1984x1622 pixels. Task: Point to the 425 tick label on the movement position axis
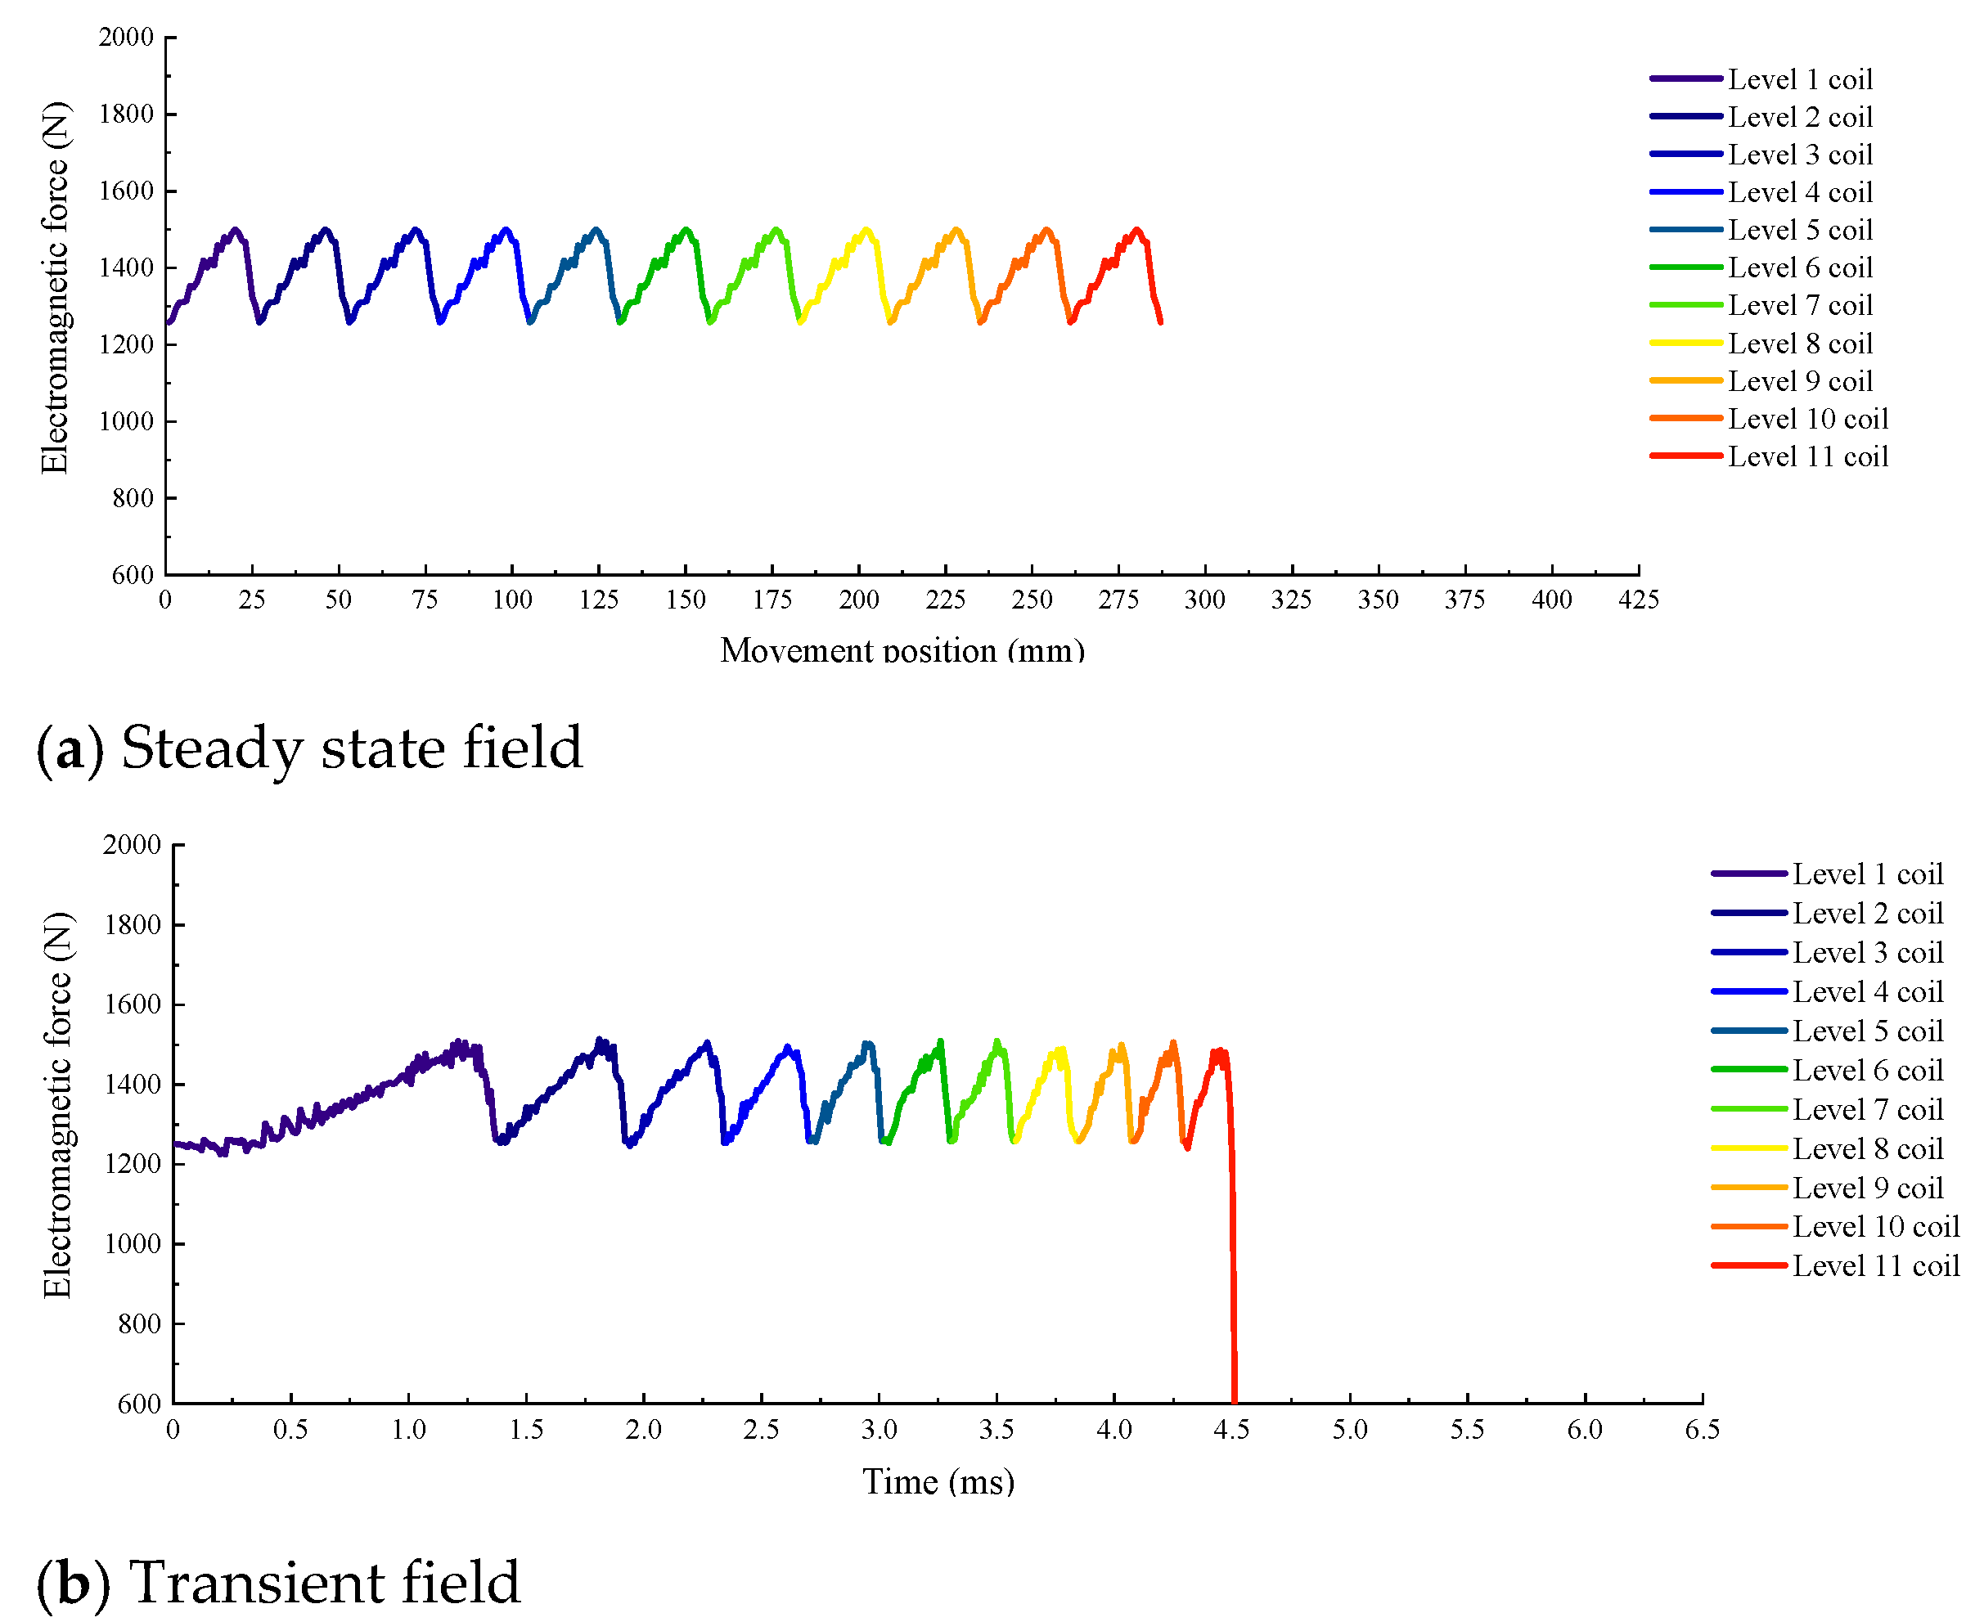[1638, 600]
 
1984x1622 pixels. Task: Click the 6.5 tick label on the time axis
[1702, 1430]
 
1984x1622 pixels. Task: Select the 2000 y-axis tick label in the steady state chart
[126, 38]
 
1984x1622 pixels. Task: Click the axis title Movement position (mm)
[902, 650]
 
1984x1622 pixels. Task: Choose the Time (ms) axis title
[938, 1482]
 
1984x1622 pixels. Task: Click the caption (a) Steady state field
[309, 748]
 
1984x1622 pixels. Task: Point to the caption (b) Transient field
[277, 1583]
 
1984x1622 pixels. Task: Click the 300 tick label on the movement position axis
[1204, 600]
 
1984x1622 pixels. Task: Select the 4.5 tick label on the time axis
[1231, 1430]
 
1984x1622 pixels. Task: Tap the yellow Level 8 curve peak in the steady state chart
[866, 230]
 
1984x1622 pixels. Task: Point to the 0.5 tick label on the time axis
[290, 1430]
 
